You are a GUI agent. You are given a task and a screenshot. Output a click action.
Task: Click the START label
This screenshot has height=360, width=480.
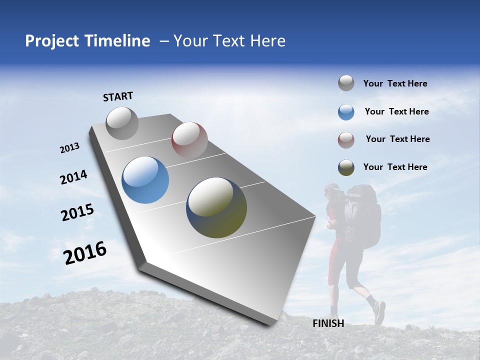point(118,96)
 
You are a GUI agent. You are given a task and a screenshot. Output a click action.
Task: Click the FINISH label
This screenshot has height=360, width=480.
point(328,323)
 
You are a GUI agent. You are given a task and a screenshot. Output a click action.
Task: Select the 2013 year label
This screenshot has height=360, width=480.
point(69,148)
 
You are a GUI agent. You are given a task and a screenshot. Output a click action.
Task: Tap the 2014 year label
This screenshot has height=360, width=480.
point(73,177)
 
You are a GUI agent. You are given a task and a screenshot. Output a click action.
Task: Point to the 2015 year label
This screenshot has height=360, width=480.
point(77,212)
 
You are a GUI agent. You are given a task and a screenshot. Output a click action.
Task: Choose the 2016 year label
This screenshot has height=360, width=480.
point(85,252)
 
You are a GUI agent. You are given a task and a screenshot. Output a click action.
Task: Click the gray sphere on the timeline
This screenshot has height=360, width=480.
point(122,123)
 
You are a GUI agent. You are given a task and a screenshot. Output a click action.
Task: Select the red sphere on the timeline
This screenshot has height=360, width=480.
point(189,139)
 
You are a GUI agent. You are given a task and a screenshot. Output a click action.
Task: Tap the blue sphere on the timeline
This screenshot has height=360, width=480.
point(145,180)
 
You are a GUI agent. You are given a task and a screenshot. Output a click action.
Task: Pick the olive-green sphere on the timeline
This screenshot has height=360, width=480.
point(216,207)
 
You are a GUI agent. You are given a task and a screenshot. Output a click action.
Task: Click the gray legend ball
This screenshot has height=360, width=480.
point(346,83)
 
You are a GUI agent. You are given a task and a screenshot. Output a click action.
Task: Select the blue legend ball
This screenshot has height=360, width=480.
point(346,111)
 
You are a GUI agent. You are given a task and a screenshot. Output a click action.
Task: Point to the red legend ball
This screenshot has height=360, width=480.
point(346,139)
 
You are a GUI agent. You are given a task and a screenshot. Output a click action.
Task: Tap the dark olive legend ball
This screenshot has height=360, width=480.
point(346,167)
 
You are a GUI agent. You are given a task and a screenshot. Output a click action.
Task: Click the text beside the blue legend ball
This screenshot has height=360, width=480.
point(396,111)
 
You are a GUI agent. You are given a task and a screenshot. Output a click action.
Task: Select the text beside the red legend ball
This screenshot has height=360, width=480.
point(397,139)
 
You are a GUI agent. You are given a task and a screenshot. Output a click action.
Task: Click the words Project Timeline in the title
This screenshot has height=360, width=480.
point(87,41)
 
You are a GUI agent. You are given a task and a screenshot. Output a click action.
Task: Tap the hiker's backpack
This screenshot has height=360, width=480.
point(363,215)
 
